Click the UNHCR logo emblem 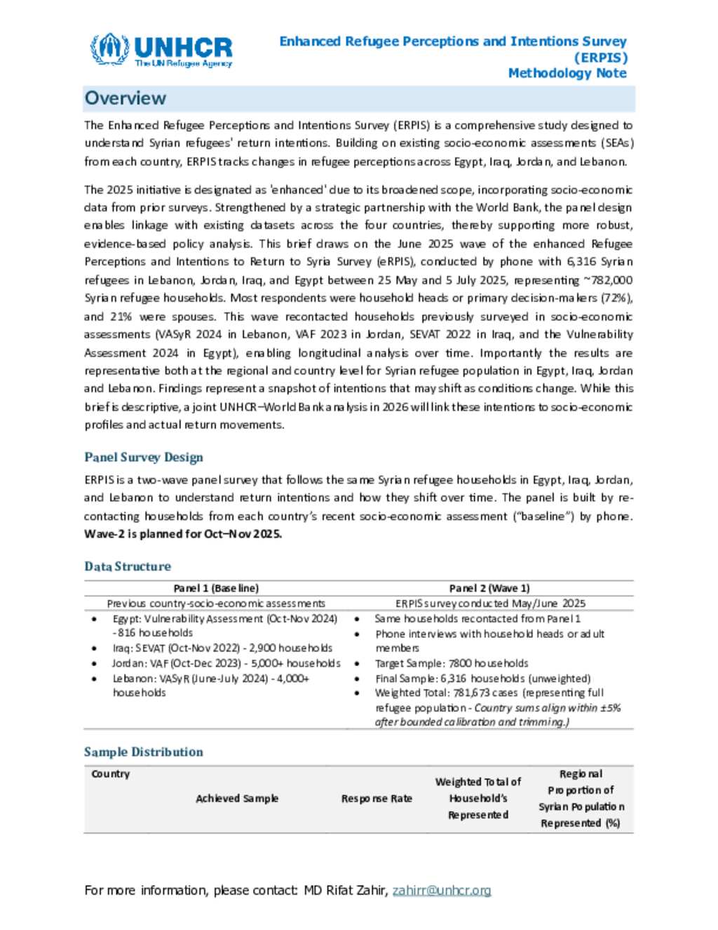(x=109, y=49)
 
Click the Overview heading (x=126, y=98)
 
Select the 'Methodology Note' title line (x=567, y=73)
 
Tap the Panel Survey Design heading (x=144, y=457)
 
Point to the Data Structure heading (x=128, y=566)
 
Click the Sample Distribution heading (x=144, y=752)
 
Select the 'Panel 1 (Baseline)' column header (x=216, y=588)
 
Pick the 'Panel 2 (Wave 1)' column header (x=489, y=588)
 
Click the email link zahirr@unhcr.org (x=442, y=890)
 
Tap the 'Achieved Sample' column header (x=237, y=798)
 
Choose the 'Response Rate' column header (x=377, y=798)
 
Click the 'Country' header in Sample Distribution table (x=111, y=773)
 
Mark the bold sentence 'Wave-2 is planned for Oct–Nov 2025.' (x=183, y=533)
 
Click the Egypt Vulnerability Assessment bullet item (x=224, y=625)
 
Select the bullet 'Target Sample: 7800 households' (x=452, y=663)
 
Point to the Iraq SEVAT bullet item (x=222, y=648)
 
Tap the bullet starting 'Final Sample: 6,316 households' (x=482, y=678)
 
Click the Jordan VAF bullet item (x=226, y=663)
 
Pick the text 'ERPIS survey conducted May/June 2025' (x=490, y=603)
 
